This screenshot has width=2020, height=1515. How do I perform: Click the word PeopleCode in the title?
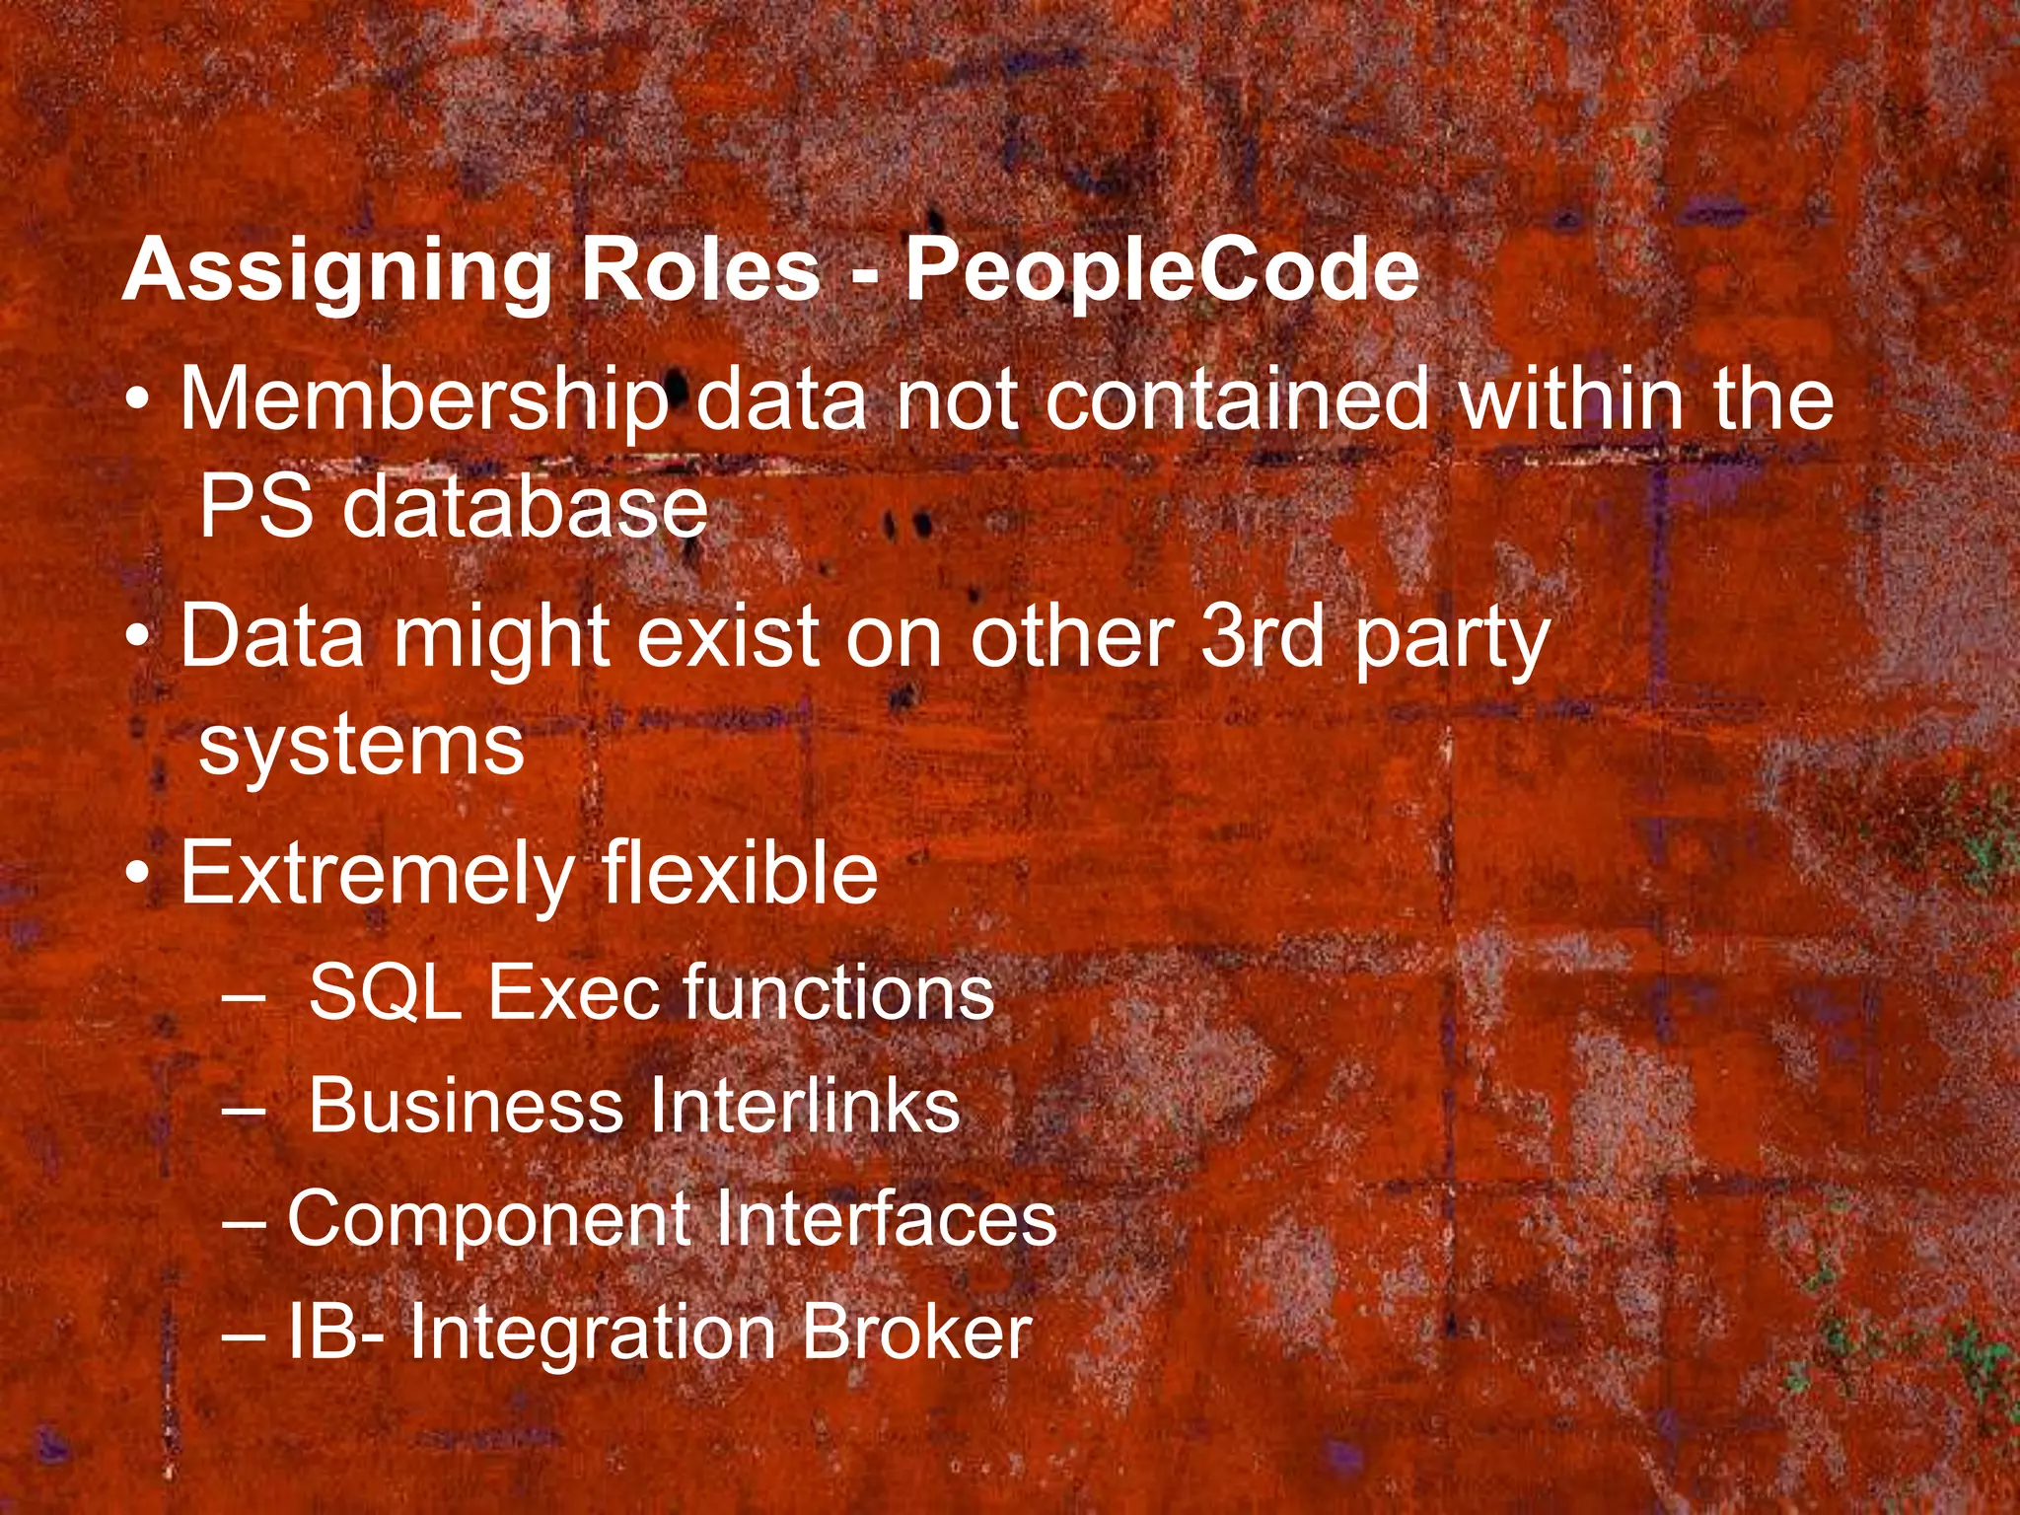[x=1162, y=271]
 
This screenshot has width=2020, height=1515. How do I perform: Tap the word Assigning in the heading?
[x=336, y=271]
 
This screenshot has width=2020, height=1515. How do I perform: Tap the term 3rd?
[x=1262, y=636]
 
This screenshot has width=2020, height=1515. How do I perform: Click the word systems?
[x=361, y=747]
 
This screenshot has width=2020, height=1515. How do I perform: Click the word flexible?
[x=740, y=873]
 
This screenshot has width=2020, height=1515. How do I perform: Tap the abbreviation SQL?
[x=386, y=992]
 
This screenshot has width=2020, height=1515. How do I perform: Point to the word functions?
[x=838, y=991]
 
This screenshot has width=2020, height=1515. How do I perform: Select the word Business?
[x=466, y=1106]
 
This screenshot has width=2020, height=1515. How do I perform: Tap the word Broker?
[x=915, y=1333]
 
